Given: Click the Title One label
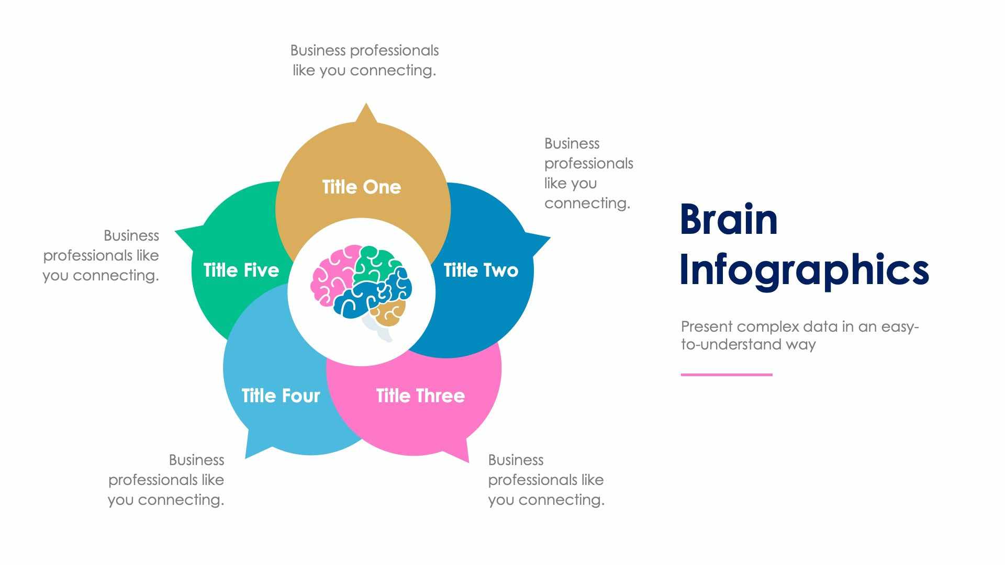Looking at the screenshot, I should pyautogui.click(x=361, y=187).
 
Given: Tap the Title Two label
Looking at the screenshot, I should pyautogui.click(x=481, y=270).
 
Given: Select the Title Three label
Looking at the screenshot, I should pyautogui.click(x=420, y=396).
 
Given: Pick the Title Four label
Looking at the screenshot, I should pyautogui.click(x=281, y=396).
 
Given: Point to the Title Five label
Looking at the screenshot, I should pyautogui.click(x=241, y=270).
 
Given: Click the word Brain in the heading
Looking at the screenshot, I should pyautogui.click(x=728, y=220).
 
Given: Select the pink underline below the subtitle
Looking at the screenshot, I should pyautogui.click(x=726, y=375).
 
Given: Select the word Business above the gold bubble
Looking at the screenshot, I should pyautogui.click(x=318, y=51).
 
